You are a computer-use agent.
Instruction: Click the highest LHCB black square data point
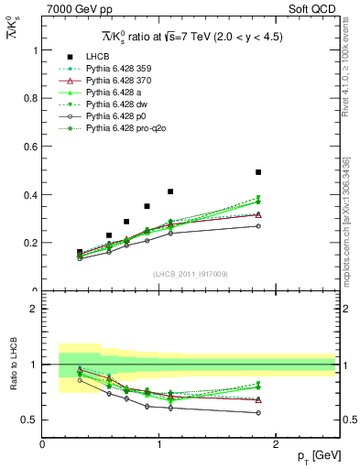[x=258, y=172]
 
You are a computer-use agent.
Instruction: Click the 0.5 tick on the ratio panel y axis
[x=32, y=420]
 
